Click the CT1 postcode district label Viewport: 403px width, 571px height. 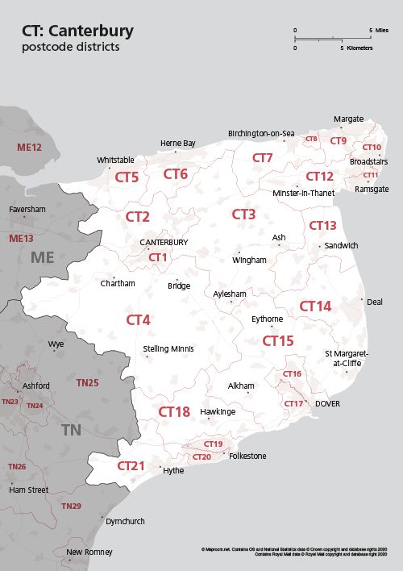pos(158,257)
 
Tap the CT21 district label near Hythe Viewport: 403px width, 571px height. pos(131,466)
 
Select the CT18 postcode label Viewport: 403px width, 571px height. pos(173,412)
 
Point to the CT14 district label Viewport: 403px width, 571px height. pos(315,306)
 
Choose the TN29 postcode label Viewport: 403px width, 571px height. pos(71,506)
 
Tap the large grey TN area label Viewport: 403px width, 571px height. pos(71,430)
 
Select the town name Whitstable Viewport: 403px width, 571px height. pos(115,160)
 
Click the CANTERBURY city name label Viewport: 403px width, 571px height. pos(164,242)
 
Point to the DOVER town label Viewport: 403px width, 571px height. pos(328,403)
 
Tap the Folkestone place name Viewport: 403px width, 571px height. pos(247,456)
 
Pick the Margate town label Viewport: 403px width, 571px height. pos(348,119)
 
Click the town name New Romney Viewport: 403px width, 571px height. pos(89,552)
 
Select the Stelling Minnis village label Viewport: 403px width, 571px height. pos(168,349)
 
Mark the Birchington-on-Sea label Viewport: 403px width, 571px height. pos(261,133)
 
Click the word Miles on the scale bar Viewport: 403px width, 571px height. pos(383,30)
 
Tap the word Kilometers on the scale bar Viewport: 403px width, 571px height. pos(359,48)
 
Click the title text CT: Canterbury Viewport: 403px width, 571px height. pos(77,31)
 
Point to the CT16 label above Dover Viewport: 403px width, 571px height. pos(292,374)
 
